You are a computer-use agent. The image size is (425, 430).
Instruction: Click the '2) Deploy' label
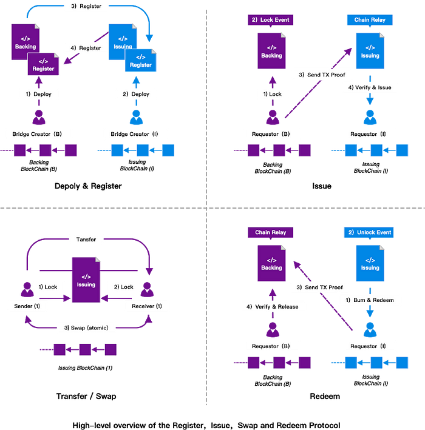pos(135,94)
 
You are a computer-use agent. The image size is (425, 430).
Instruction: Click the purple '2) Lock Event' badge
pos(271,20)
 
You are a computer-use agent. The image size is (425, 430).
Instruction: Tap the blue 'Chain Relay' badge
pos(370,20)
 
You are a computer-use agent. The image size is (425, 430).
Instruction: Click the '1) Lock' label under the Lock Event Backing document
pos(271,94)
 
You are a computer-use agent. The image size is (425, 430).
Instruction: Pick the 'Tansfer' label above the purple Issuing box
pos(86,239)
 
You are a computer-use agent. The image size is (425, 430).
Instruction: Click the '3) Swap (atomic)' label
pos(86,328)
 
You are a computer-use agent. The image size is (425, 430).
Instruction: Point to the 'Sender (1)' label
pos(27,306)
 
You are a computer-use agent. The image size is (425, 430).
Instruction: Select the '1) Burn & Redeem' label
pos(370,300)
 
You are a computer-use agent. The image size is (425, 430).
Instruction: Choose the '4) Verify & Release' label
pos(272,306)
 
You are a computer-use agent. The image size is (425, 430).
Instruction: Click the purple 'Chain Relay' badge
pos(271,232)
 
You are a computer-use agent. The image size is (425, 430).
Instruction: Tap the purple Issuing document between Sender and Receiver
pos(86,280)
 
